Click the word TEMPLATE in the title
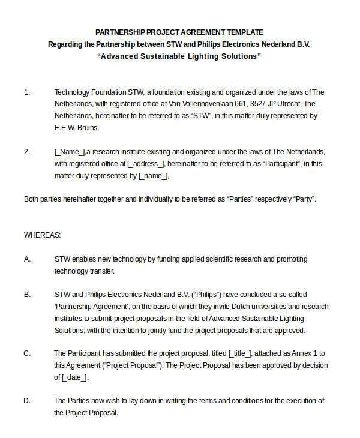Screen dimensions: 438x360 [244, 32]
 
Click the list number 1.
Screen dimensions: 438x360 [26, 92]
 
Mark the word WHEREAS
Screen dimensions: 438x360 [42, 235]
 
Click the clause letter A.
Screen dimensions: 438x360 [27, 259]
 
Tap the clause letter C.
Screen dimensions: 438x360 [27, 353]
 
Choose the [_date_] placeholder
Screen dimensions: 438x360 [74, 377]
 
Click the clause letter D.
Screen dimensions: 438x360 [27, 401]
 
